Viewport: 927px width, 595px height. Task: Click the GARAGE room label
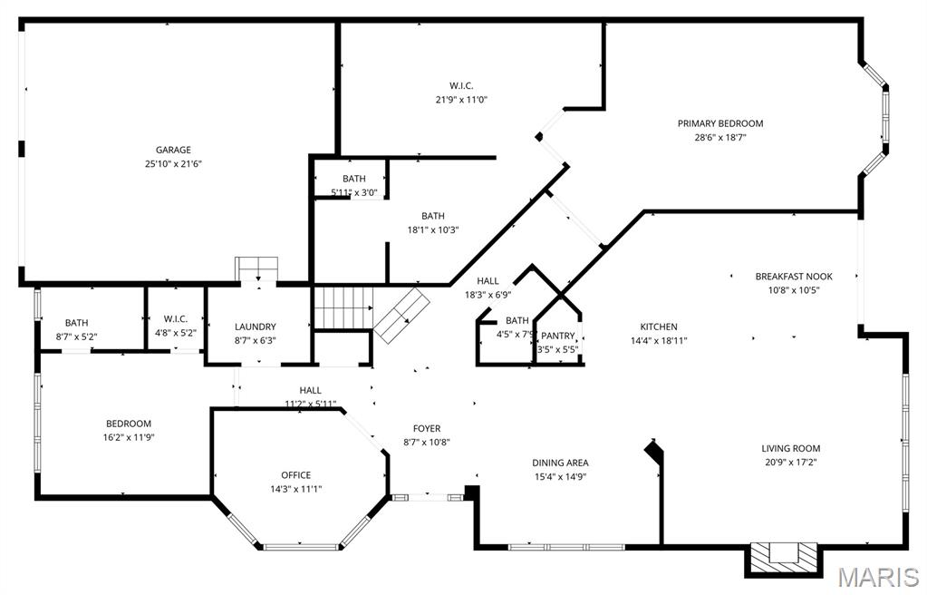pos(172,150)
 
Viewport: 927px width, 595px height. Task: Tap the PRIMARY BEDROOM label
pos(720,123)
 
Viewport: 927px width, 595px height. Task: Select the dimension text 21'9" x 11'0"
pos(461,100)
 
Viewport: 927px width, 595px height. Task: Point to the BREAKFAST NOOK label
pos(794,277)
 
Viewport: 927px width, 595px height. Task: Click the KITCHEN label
pos(659,327)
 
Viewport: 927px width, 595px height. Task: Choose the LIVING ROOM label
pos(790,448)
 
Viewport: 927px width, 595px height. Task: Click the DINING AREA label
pos(560,463)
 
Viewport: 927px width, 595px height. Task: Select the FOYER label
pos(427,428)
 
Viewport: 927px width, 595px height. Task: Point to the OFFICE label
pos(295,474)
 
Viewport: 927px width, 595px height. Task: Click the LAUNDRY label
pos(255,327)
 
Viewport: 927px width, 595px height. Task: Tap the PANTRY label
pos(558,336)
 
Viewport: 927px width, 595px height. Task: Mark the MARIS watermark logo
pos(877,577)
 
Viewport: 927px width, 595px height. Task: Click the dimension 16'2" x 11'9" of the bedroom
pos(129,437)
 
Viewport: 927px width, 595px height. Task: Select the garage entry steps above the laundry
pos(258,269)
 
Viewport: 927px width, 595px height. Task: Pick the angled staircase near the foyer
pos(402,316)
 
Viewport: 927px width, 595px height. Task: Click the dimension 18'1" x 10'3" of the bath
pos(433,230)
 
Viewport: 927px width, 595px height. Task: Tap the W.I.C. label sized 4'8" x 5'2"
pos(176,318)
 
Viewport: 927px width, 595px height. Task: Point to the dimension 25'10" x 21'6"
pos(172,164)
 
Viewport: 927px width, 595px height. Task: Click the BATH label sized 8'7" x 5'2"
pos(76,323)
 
